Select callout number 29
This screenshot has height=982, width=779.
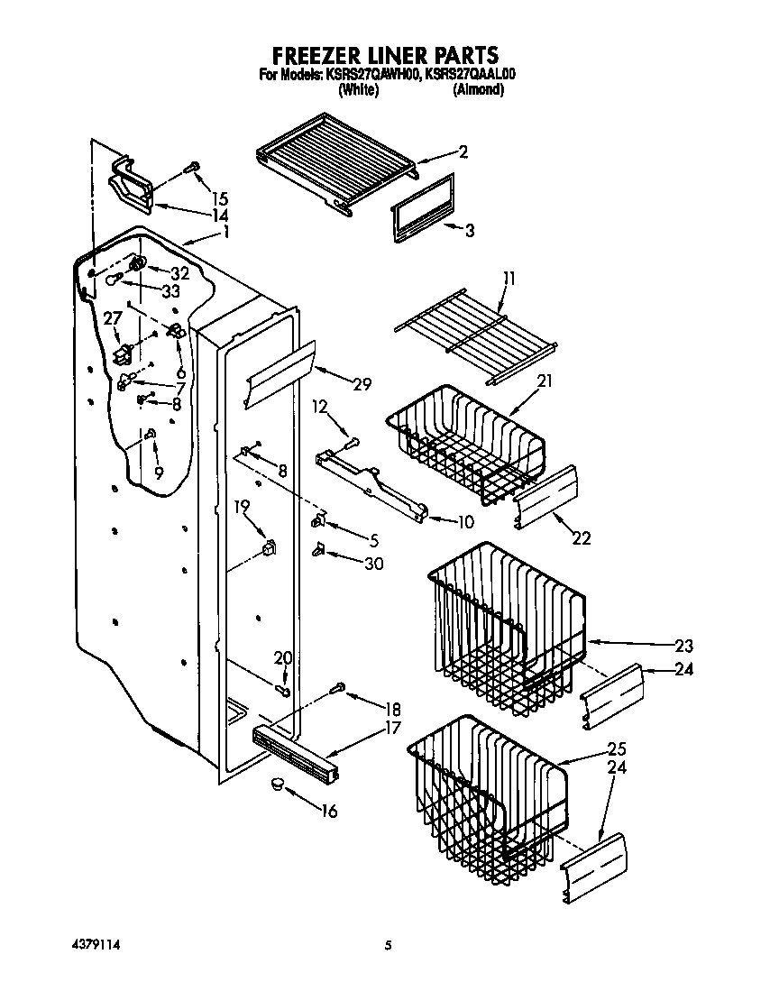click(362, 385)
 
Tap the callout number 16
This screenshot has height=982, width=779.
click(329, 812)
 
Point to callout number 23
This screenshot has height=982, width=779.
click(683, 646)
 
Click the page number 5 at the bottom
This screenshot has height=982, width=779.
click(389, 945)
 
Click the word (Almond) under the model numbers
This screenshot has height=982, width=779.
click(478, 90)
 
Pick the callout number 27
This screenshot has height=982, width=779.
click(112, 318)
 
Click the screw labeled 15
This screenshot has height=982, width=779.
click(192, 168)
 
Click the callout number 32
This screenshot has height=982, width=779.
click(179, 273)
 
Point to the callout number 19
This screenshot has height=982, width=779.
click(241, 507)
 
